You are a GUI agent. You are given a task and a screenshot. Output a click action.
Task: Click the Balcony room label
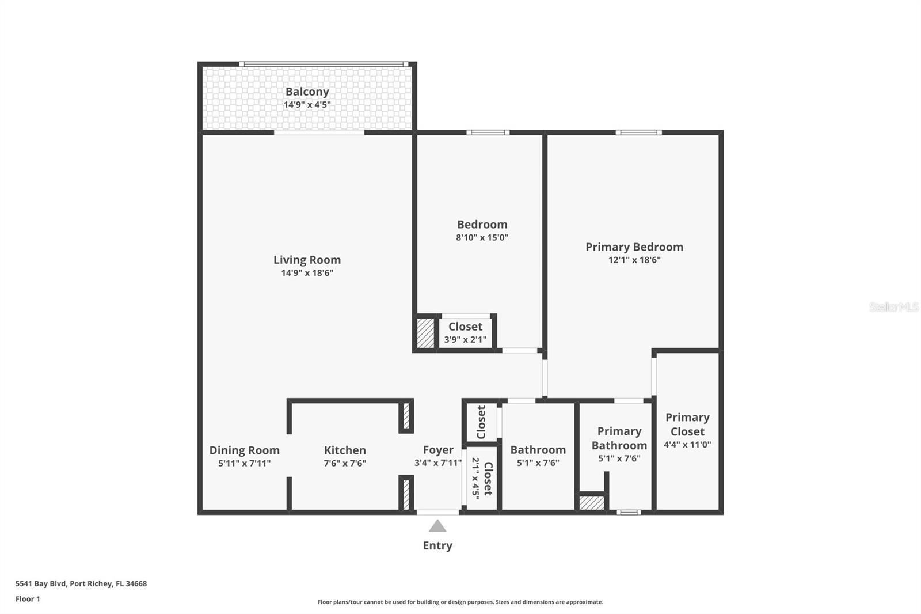307,92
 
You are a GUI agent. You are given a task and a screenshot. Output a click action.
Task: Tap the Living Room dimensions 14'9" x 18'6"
307,273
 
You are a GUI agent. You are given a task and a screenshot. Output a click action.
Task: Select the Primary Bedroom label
634,247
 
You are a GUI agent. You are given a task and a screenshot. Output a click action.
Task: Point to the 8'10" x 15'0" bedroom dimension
482,237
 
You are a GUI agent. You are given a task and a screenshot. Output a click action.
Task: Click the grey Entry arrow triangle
437,526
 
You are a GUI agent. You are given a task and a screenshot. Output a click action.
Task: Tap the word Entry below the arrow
437,545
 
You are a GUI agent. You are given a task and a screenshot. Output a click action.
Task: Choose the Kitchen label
345,450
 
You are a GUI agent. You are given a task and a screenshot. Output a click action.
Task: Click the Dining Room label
245,450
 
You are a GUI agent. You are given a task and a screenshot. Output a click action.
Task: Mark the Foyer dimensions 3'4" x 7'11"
438,463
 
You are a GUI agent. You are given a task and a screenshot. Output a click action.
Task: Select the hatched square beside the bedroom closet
425,333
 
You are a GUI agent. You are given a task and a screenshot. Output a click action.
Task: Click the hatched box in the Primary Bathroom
592,503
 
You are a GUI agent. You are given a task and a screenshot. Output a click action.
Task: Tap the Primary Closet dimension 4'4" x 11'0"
687,445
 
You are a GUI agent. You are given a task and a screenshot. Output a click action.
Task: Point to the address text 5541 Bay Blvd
41,583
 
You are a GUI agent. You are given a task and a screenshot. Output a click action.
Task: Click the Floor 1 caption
28,599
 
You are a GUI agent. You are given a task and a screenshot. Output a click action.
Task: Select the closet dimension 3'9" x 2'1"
466,339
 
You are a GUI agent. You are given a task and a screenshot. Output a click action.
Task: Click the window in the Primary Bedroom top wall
638,132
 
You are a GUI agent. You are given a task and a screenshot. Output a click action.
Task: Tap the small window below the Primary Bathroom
629,513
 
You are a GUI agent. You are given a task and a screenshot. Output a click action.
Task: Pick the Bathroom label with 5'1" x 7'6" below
538,450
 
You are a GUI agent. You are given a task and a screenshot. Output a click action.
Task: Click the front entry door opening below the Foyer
438,513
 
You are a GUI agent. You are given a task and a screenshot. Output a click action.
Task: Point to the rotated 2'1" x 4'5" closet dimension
475,479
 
